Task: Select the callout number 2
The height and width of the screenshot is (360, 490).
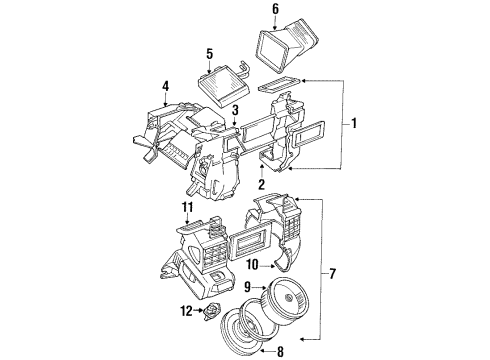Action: (x=261, y=184)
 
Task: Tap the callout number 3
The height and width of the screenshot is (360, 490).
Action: (x=233, y=110)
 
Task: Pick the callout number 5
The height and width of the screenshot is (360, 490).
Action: (x=209, y=53)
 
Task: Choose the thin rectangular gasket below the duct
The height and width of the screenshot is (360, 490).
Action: (x=279, y=85)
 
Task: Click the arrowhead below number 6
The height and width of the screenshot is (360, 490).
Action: (x=273, y=28)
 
